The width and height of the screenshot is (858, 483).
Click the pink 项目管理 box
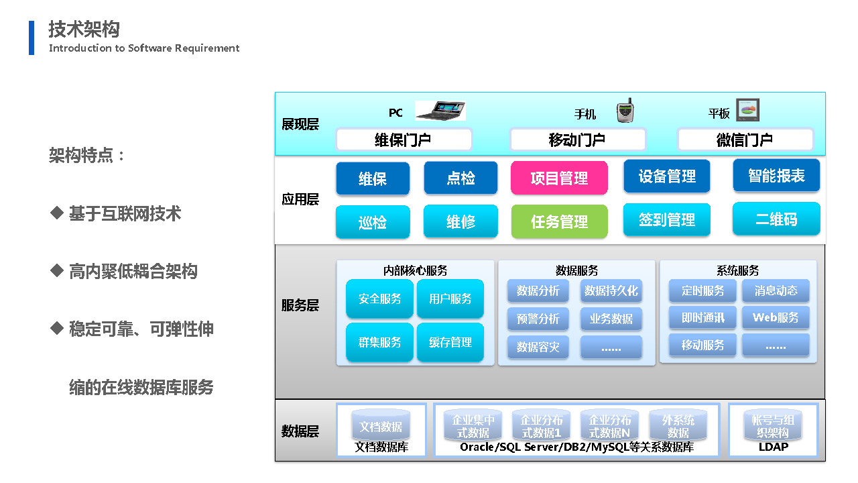pyautogui.click(x=559, y=178)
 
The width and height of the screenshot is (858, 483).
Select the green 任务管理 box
pyautogui.click(x=559, y=221)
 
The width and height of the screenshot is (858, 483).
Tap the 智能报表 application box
pyautogui.click(x=776, y=176)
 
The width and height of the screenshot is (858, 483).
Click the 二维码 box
pyautogui.click(x=776, y=219)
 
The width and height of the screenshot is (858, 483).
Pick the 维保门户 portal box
pyautogui.click(x=404, y=140)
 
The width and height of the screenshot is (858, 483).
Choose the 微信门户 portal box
pyautogui.click(x=745, y=140)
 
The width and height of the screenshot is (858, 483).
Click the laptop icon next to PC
pyautogui.click(x=440, y=111)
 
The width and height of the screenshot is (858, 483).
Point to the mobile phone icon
pyautogui.click(x=625, y=111)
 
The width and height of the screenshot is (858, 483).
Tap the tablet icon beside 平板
pyautogui.click(x=747, y=110)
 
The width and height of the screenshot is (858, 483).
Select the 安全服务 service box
pyautogui.click(x=379, y=299)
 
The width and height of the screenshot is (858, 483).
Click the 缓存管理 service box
pyautogui.click(x=450, y=342)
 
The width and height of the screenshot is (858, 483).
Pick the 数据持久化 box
pyautogui.click(x=611, y=290)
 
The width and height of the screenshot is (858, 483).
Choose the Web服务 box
pyautogui.click(x=776, y=317)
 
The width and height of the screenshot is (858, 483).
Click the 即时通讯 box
pyautogui.click(x=702, y=317)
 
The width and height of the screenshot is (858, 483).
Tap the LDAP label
pyautogui.click(x=774, y=447)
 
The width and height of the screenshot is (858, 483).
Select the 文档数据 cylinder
pyautogui.click(x=381, y=425)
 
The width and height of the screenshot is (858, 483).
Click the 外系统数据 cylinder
pyautogui.click(x=678, y=425)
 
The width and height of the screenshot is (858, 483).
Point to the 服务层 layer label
pyautogui.click(x=300, y=305)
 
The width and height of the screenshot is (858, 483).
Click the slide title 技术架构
pyautogui.click(x=84, y=29)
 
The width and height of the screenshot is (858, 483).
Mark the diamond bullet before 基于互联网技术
pyautogui.click(x=57, y=213)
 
